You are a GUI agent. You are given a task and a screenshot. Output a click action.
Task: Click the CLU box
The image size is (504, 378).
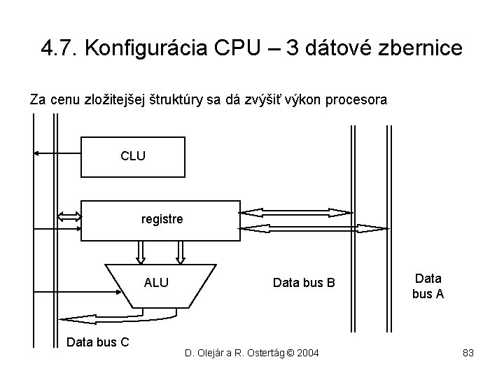(x=133, y=156)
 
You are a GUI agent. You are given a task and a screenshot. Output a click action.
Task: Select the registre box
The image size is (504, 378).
(x=161, y=220)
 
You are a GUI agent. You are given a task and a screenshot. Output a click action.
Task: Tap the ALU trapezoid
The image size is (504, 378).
(x=156, y=283)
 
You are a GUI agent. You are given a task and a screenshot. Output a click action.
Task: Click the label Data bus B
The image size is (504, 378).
(x=304, y=283)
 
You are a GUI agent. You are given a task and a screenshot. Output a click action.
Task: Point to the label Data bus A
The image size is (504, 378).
(x=428, y=286)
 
